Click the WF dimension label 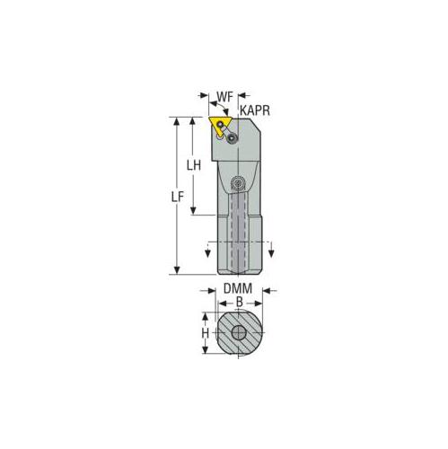pyautogui.click(x=224, y=95)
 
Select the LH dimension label pyautogui.click(x=192, y=165)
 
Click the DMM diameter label pyautogui.click(x=238, y=289)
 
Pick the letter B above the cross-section pyautogui.click(x=238, y=303)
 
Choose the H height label pyautogui.click(x=205, y=333)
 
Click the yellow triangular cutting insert pyautogui.click(x=219, y=124)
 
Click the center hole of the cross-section pyautogui.click(x=238, y=333)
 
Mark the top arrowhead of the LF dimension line pyautogui.click(x=178, y=121)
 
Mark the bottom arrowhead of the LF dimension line pyautogui.click(x=178, y=270)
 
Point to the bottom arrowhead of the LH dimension pyautogui.click(x=192, y=211)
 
